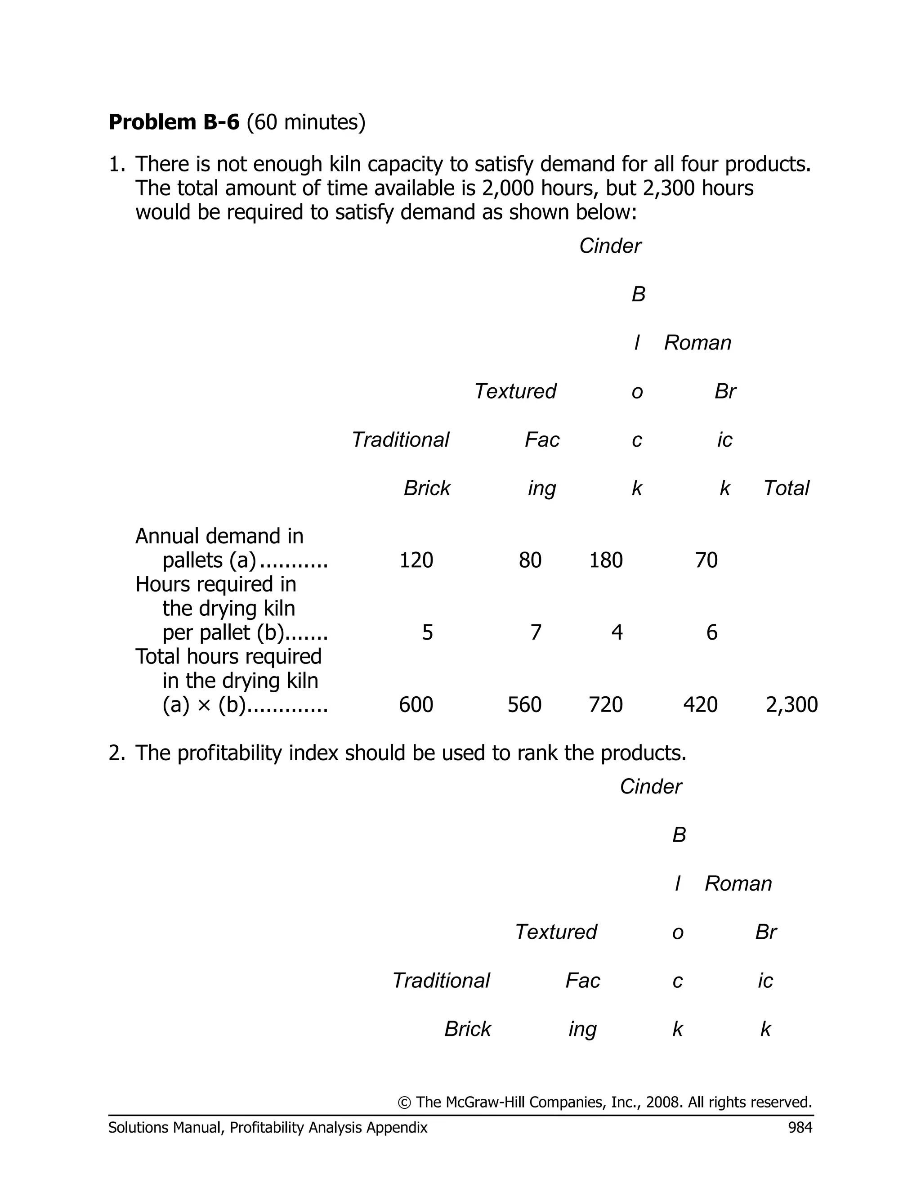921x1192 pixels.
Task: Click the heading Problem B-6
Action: pos(174,122)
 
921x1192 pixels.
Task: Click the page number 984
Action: pos(800,1128)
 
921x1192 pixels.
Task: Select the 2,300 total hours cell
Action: pos(791,704)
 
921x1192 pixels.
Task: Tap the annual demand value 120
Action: pos(416,560)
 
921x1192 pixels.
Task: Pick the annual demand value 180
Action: pos(606,560)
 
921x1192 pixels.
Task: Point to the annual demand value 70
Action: pos(706,560)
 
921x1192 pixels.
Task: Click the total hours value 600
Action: pos(416,704)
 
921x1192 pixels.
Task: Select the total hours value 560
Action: pos(524,704)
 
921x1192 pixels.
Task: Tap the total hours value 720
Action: pos(606,704)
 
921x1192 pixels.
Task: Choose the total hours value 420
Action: pos(700,704)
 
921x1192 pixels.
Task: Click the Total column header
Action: pos(786,488)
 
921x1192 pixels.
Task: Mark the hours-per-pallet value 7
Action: pos(536,632)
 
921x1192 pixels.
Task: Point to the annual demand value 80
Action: pos(530,560)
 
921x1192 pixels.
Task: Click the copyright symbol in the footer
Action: pos(404,1102)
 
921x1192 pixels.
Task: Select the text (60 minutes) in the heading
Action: pos(305,122)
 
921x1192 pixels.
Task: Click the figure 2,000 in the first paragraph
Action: pos(507,188)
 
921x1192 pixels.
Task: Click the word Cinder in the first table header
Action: pos(610,246)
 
